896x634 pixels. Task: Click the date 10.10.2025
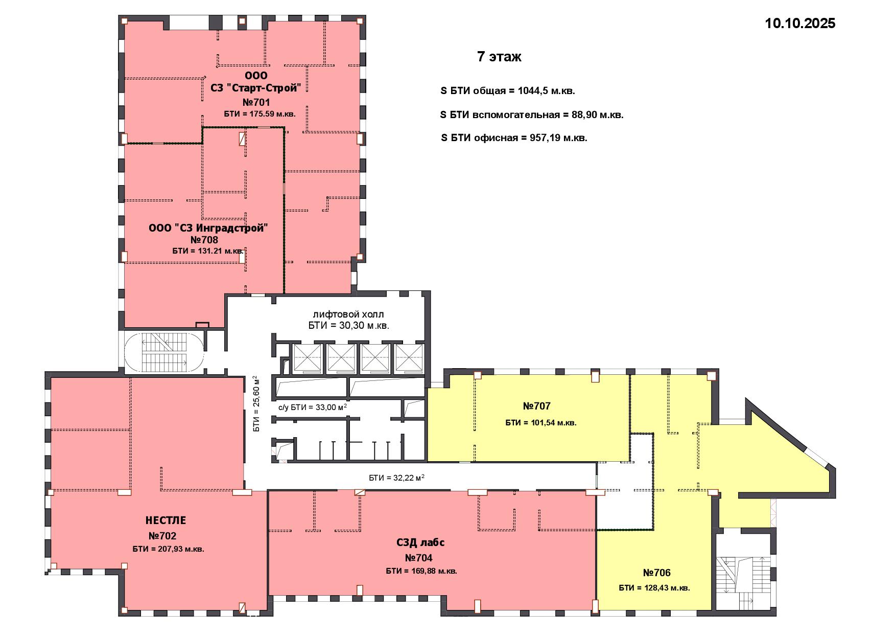point(800,24)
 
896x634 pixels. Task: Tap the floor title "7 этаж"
point(499,57)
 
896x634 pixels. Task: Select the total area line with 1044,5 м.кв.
point(508,91)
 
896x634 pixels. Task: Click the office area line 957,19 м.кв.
point(514,138)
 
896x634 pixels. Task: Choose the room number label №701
point(256,102)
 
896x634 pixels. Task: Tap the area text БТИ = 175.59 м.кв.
point(260,114)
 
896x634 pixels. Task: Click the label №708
point(204,240)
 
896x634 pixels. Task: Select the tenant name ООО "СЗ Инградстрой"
point(208,228)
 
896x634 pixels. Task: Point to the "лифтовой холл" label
point(348,314)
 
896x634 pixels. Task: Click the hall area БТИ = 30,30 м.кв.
point(348,326)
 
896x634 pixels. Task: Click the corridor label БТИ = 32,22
point(397,478)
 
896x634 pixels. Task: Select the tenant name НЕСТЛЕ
point(166,520)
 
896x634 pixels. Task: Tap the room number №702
point(162,536)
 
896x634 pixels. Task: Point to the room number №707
point(537,406)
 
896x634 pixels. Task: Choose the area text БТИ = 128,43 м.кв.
point(654,588)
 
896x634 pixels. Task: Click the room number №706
point(657,573)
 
